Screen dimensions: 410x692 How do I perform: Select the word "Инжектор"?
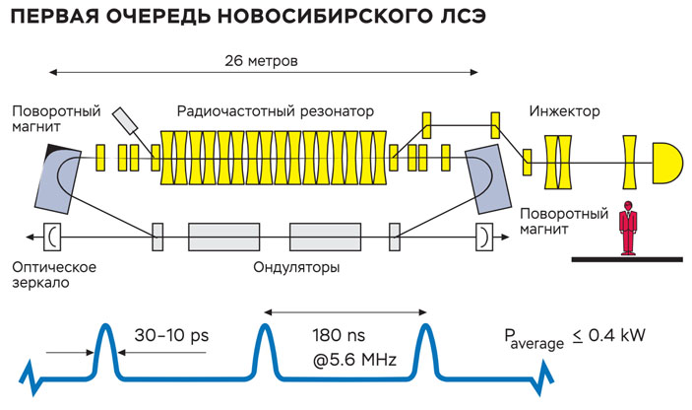point(564,110)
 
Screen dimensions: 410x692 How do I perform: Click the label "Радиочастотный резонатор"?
point(276,110)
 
